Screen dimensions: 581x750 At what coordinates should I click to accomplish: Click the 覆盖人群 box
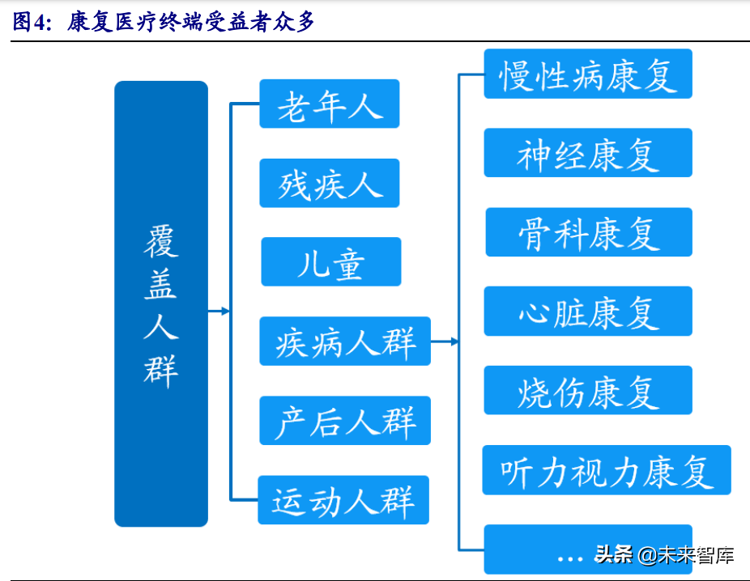160,303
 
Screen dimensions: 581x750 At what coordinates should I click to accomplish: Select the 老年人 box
329,104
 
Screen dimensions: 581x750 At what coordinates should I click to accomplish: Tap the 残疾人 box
329,183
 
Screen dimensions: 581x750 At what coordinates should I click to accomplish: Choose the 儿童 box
330,261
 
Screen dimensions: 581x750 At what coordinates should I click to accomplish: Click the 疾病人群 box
344,341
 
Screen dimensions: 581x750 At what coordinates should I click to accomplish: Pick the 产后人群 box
344,420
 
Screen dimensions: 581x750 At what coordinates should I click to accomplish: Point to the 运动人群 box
343,499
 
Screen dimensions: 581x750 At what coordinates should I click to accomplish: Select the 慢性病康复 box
588,74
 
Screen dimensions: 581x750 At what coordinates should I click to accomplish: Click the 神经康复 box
588,153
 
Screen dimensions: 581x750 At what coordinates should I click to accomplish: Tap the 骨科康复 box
589,232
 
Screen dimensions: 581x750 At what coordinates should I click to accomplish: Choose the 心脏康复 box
588,311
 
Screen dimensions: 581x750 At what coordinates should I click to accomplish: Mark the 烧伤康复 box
588,390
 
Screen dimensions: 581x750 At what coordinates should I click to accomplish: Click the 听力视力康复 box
606,469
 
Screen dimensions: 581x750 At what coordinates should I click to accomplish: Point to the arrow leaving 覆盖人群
219,311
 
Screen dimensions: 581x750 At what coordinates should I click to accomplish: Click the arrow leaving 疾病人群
445,341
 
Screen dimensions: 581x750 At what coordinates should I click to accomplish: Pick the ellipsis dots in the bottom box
570,558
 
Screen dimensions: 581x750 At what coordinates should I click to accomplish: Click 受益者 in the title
229,22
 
